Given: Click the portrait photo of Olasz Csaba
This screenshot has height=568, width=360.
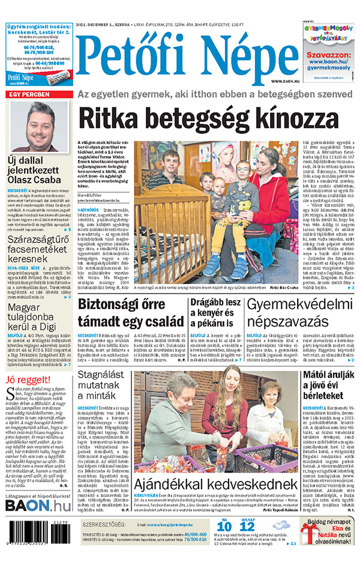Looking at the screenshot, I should tap(39, 126).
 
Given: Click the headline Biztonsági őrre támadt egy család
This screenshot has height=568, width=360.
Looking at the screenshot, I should tap(131, 312).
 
